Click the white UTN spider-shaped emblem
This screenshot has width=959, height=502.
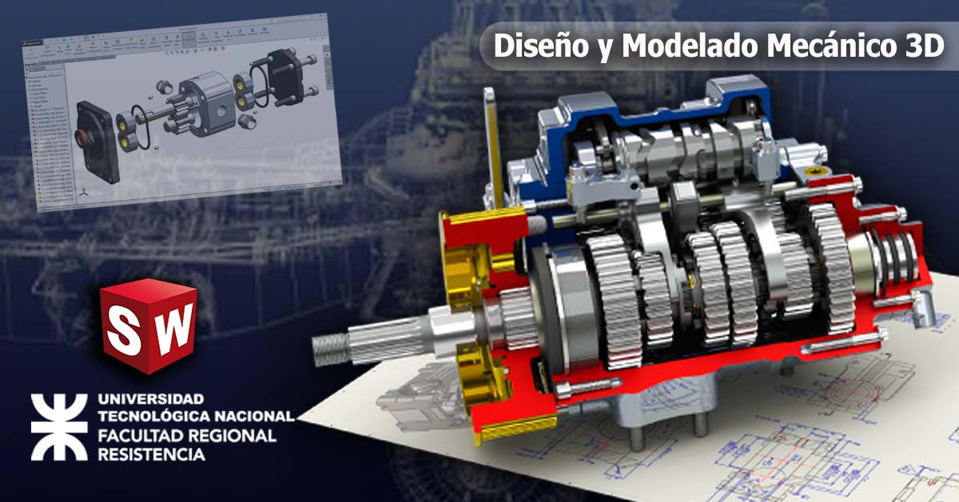[x=58, y=427]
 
